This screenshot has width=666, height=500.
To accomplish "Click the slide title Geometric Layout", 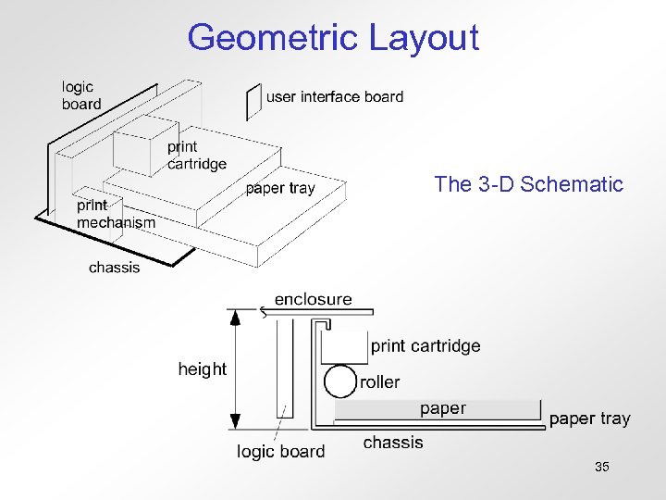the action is pos(333,38).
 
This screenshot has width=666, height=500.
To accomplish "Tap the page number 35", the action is pos(602,468).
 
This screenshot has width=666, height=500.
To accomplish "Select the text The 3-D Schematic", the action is pos(529,184).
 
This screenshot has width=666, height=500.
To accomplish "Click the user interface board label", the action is pos(334,96).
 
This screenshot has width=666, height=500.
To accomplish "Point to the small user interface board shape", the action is pos(253,101).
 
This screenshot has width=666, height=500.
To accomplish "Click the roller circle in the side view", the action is pos(340,381).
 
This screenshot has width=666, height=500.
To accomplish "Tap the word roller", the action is pos(379,382).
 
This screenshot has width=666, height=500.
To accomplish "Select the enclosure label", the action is pos(313,299).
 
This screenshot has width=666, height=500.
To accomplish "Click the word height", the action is pos(202,369).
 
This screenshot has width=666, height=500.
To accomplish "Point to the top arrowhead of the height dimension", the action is pos(236,318).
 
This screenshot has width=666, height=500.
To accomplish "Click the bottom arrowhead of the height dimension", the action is pos(236,421).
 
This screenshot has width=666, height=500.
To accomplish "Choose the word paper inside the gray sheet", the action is pos(442,408).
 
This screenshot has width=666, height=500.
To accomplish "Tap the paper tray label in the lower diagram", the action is pos(589,419).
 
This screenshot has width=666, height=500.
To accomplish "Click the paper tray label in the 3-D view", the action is pos(279,189).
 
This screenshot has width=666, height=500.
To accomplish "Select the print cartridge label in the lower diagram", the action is pos(425,346).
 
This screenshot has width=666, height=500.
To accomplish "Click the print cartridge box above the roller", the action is pos(343,348).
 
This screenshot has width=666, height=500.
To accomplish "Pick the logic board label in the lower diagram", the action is pos(280,452).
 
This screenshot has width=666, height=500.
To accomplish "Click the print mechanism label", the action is pos(116,214).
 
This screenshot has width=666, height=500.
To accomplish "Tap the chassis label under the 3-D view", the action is pos(115,268).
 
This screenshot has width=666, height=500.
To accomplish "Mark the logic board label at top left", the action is pos(81,95).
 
